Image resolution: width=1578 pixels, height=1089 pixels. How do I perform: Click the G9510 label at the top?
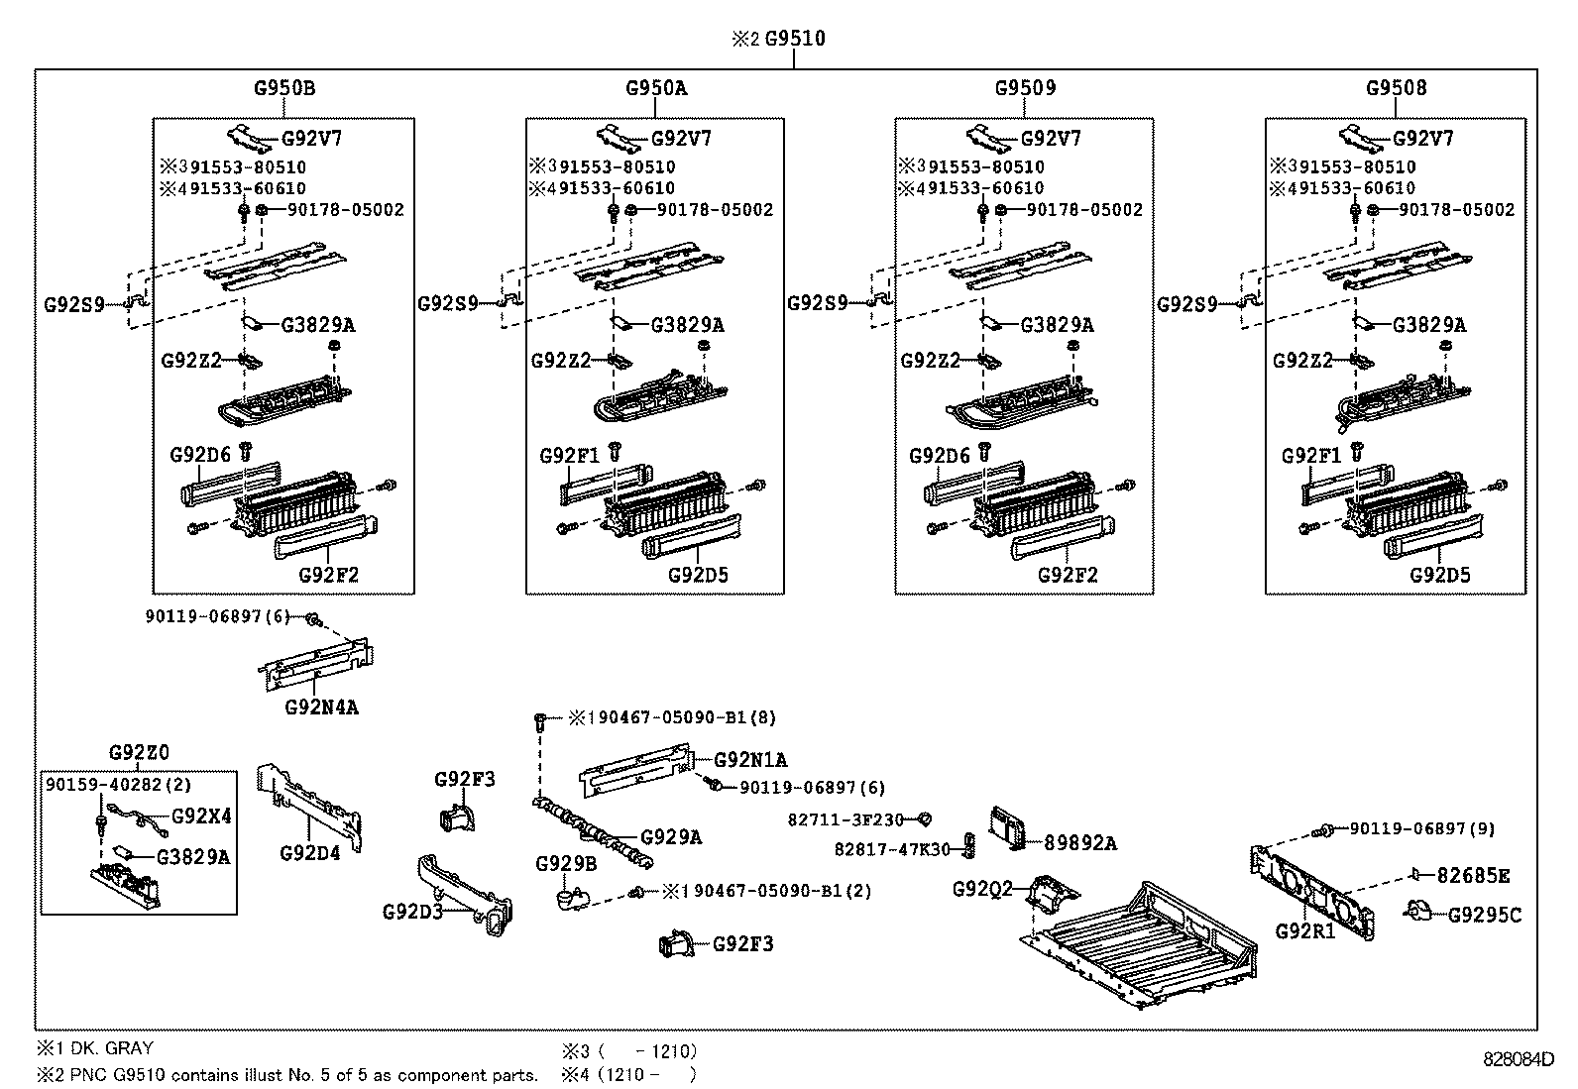click(x=795, y=39)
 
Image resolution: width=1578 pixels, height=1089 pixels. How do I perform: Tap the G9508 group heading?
click(x=1396, y=87)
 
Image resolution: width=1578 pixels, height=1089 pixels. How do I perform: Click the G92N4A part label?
click(x=321, y=708)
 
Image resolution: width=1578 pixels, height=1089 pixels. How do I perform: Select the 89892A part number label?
click(x=1079, y=843)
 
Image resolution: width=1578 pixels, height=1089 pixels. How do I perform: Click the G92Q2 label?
click(x=982, y=889)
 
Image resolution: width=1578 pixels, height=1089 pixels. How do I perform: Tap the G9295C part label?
click(x=1484, y=915)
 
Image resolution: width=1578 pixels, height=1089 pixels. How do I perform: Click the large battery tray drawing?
click(x=1140, y=946)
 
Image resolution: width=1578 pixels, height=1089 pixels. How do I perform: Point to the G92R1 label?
click(x=1305, y=931)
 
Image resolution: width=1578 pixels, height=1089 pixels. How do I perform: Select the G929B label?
click(x=566, y=864)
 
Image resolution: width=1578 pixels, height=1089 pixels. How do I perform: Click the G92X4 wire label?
click(x=201, y=817)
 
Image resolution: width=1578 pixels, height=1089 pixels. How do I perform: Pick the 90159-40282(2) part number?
click(x=118, y=784)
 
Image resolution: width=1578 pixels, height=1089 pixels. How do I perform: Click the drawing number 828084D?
click(x=1518, y=1058)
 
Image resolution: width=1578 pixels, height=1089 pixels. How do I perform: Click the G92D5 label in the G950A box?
click(x=698, y=575)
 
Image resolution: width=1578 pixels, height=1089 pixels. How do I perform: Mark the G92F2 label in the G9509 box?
click(x=1068, y=575)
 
